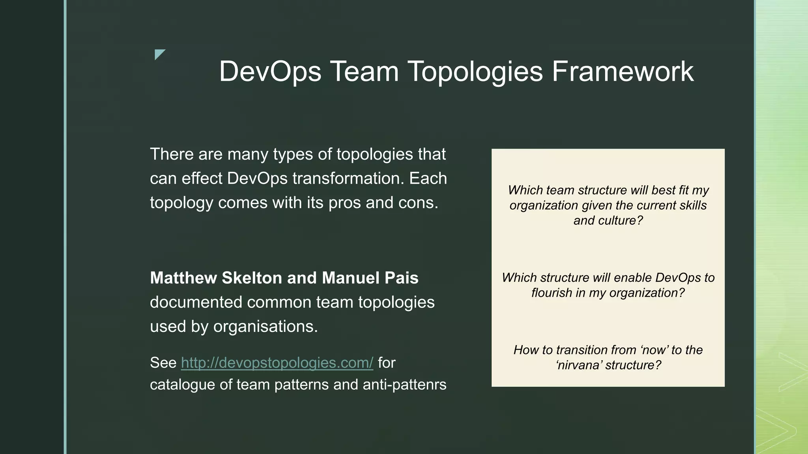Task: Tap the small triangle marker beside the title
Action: click(159, 54)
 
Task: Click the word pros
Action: click(345, 203)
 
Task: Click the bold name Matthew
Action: click(183, 278)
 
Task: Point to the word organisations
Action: click(265, 327)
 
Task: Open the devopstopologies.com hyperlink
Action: click(277, 363)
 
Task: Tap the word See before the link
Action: click(163, 363)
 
